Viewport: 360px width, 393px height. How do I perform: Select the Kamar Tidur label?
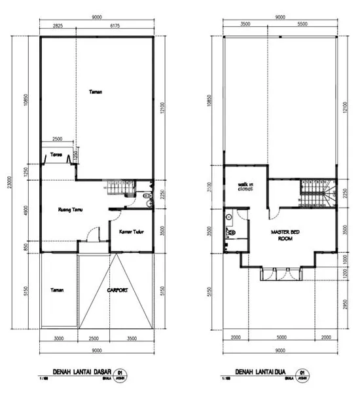tap(132, 231)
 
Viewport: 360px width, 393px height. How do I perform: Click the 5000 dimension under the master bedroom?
tap(281, 339)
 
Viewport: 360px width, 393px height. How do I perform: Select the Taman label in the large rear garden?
tap(96, 92)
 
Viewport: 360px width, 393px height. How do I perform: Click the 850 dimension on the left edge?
tap(27, 246)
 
